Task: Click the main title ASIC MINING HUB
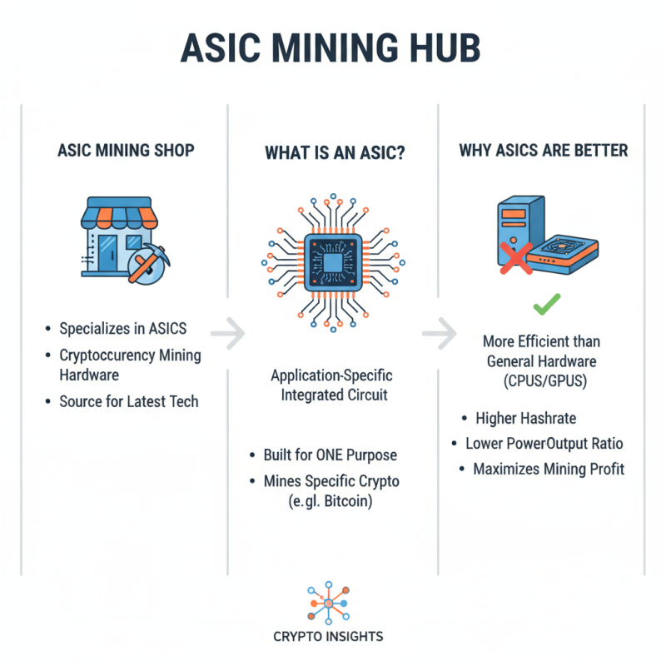tap(331, 49)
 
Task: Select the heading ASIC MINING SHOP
tap(124, 152)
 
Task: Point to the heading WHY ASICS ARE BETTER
tap(544, 152)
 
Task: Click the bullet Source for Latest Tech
tap(129, 401)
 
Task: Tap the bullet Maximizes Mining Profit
tap(549, 469)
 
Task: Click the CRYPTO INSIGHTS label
tap(329, 637)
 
